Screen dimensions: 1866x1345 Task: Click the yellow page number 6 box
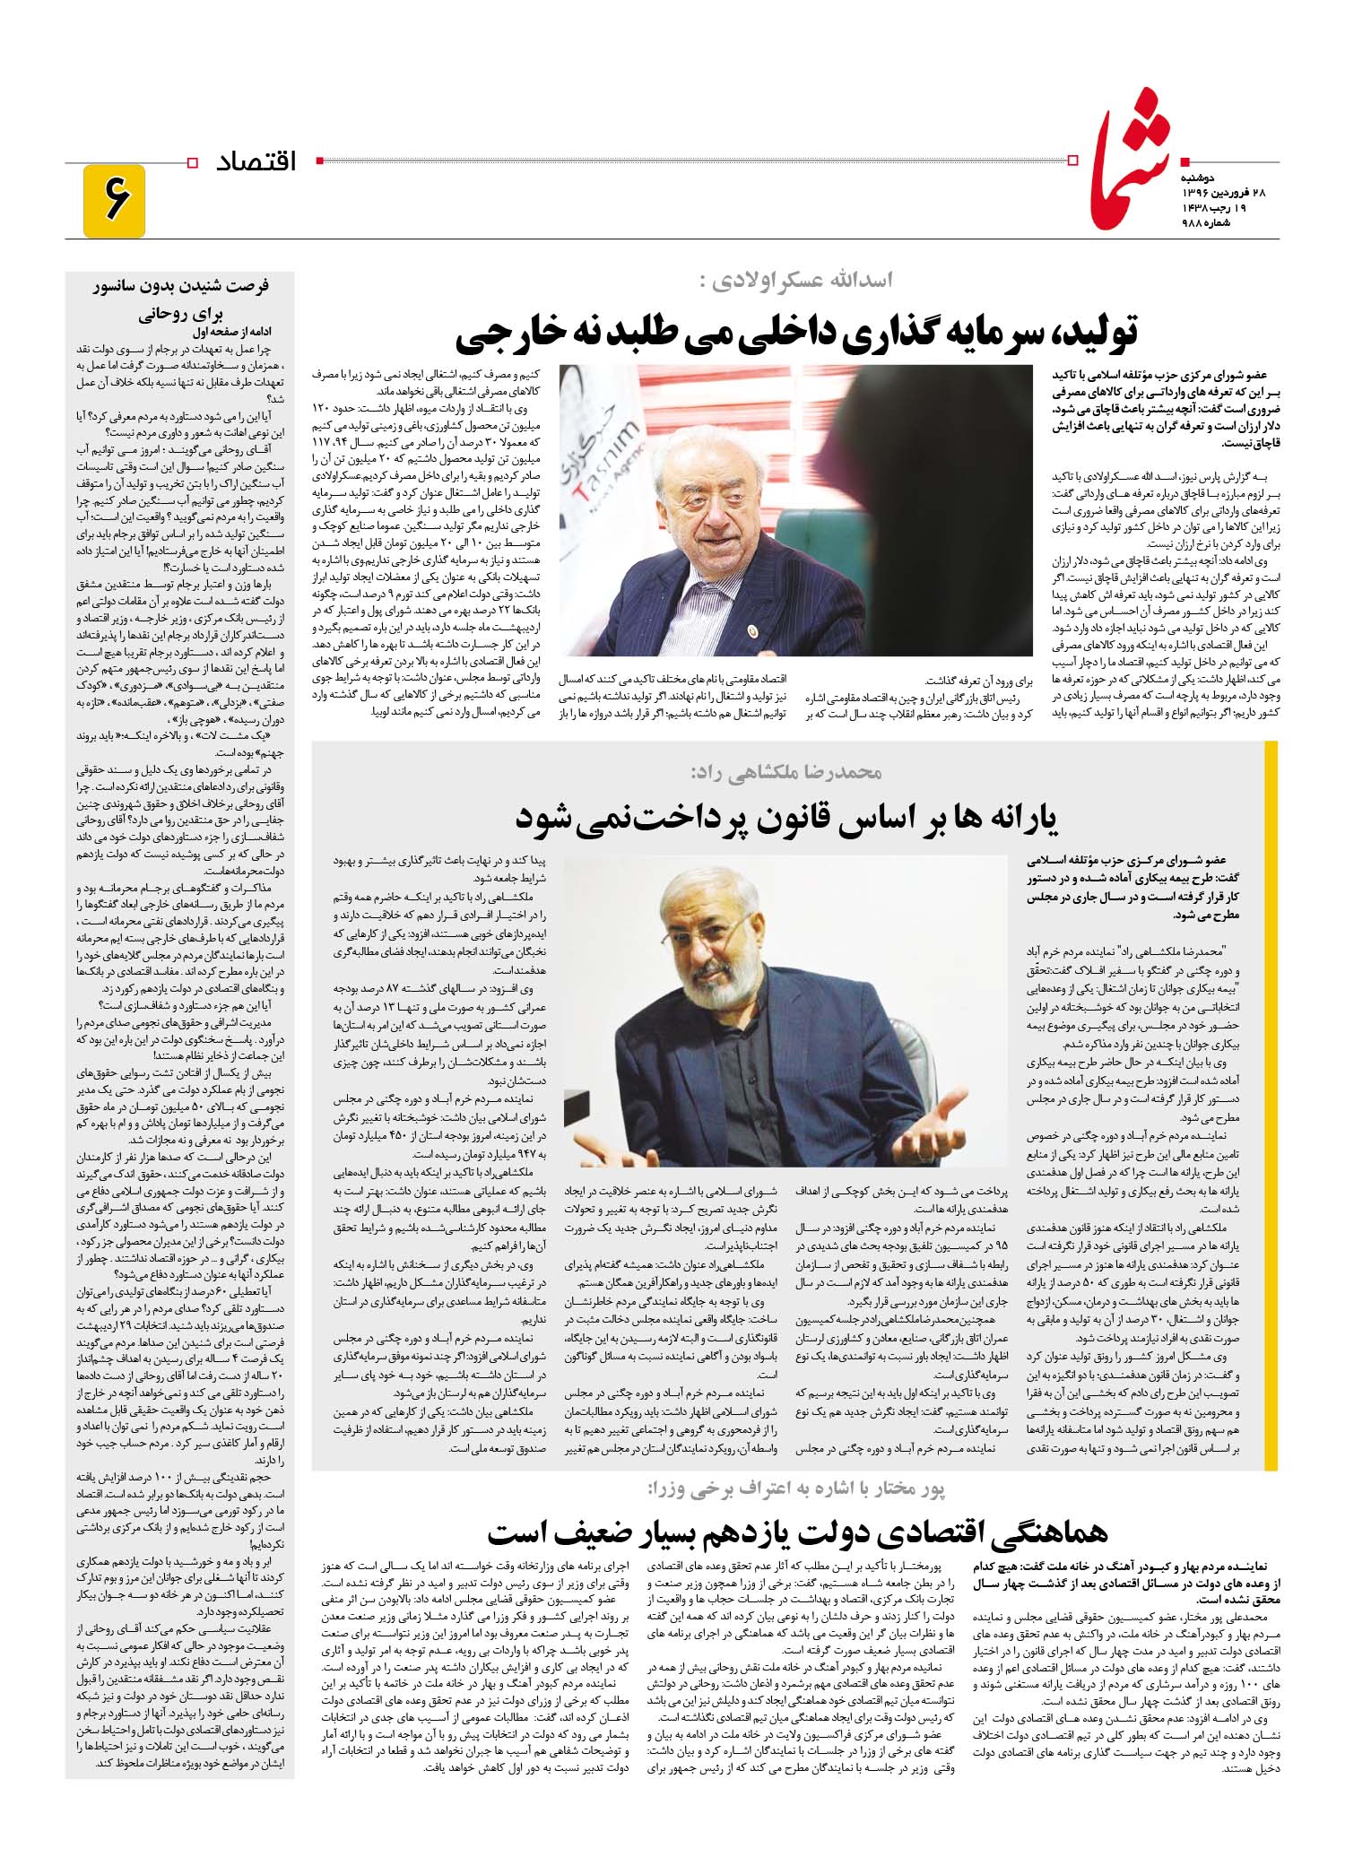pos(113,201)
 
